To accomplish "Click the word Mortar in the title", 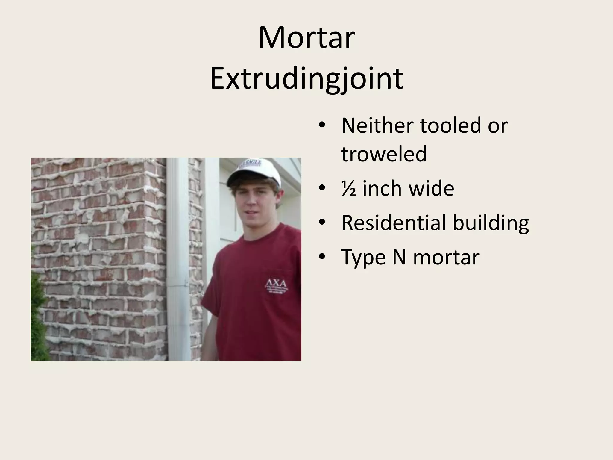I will pos(306,38).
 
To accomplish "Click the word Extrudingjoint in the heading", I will pos(306,78).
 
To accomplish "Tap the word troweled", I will pos(384,154).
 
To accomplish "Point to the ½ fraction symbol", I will pos(348,189).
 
